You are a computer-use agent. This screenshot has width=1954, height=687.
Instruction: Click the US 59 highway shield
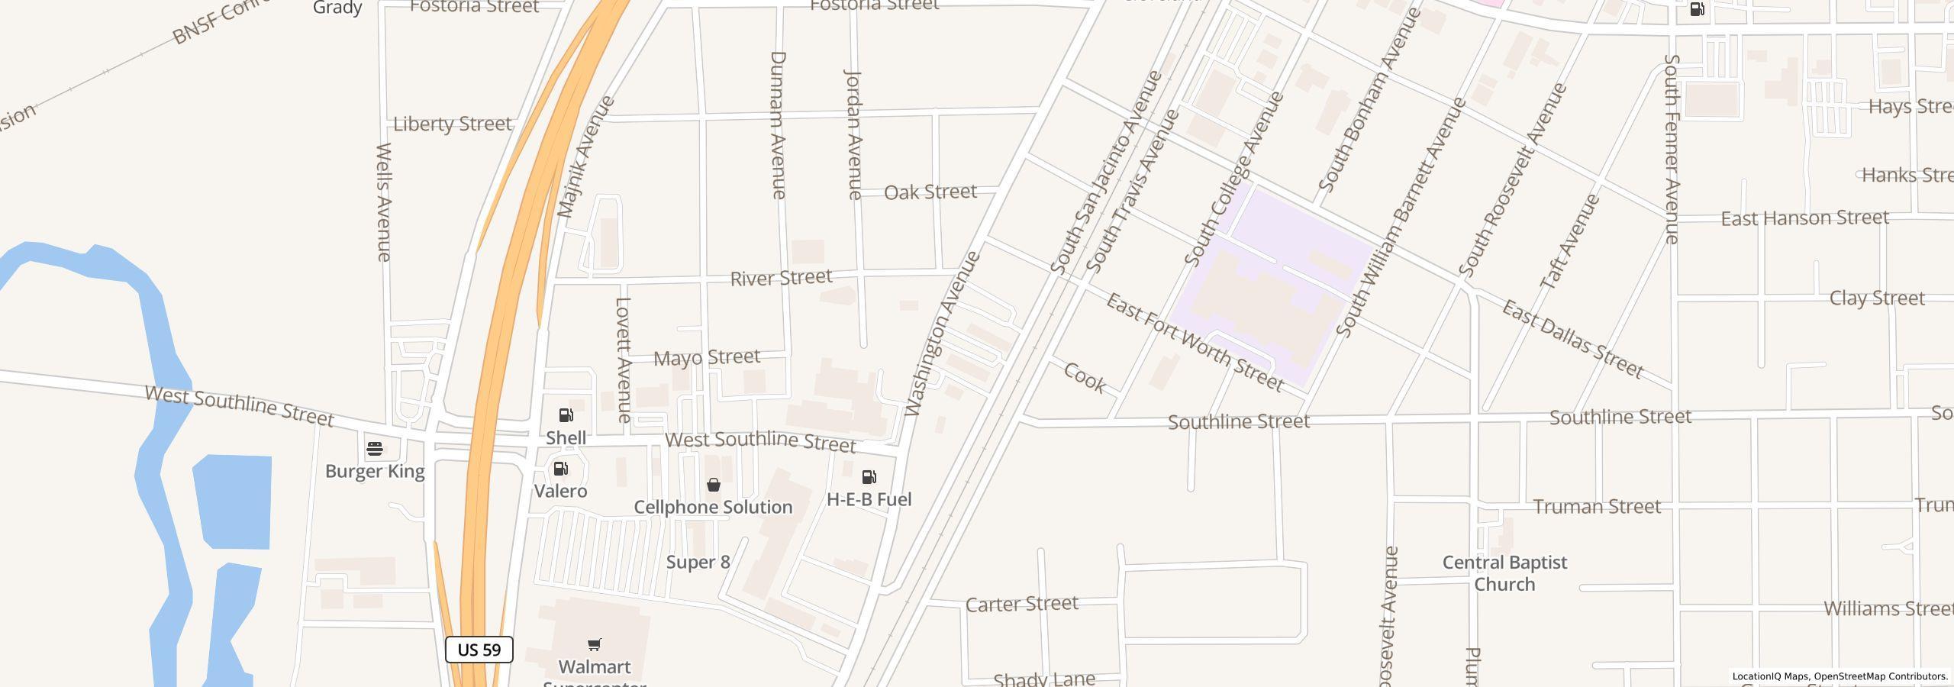point(479,650)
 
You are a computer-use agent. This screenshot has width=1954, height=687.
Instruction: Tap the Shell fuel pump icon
point(566,415)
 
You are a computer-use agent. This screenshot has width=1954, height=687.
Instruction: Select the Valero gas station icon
point(561,469)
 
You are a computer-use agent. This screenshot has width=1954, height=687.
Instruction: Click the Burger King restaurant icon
point(375,449)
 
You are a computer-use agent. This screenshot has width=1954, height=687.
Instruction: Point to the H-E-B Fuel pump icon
point(869,477)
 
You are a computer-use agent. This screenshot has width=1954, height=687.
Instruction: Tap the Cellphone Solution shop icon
point(714,485)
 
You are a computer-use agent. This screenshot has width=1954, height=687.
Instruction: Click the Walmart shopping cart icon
point(595,644)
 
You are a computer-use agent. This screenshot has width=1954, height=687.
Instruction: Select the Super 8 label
point(698,563)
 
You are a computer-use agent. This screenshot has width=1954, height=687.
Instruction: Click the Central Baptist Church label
point(1504,573)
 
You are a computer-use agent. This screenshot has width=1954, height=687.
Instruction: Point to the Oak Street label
point(930,192)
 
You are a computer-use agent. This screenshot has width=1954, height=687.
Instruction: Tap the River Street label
point(781,278)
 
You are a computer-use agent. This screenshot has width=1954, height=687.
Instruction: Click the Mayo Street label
point(707,357)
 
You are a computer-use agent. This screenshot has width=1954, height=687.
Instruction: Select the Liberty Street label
point(452,124)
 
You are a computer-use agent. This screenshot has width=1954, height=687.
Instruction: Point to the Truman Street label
point(1597,507)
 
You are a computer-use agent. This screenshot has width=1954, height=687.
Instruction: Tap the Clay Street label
point(1876,298)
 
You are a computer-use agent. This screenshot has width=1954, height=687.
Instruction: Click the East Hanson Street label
point(1804,218)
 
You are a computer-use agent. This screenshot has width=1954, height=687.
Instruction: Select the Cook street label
point(1085,378)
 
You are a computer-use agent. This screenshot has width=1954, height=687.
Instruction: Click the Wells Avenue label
point(384,202)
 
